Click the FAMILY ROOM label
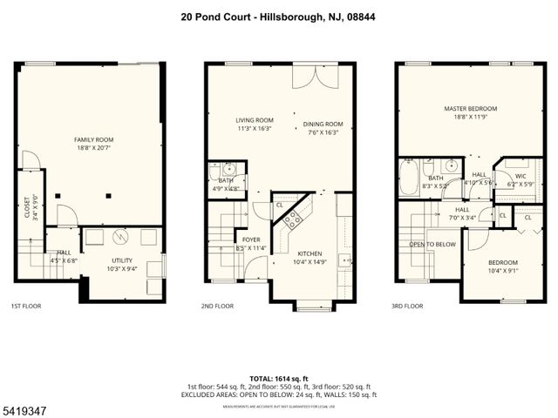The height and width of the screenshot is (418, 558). click(92, 139)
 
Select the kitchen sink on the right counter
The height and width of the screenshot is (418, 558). click(346, 260)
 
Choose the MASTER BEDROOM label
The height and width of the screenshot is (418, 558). click(470, 109)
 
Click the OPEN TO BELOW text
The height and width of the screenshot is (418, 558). click(432, 245)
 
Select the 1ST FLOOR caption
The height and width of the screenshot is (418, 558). click(25, 307)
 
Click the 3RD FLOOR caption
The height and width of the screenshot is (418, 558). click(407, 307)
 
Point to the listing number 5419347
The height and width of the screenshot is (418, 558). click(23, 408)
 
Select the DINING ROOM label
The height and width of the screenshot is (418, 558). click(323, 124)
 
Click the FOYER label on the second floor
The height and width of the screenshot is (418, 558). click(250, 239)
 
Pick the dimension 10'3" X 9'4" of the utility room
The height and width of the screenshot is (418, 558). click(121, 269)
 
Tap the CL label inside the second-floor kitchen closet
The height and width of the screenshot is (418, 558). click(280, 205)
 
